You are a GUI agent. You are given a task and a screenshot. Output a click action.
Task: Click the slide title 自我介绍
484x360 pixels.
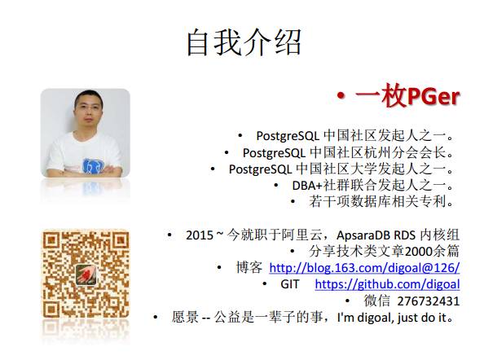[244, 42]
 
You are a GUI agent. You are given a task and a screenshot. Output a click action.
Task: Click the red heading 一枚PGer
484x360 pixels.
[407, 96]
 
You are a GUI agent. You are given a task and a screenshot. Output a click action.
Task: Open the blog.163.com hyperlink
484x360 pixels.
[364, 267]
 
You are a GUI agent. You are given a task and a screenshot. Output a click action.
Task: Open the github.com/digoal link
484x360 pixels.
[387, 284]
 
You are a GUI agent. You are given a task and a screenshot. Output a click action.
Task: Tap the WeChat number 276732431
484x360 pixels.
[428, 301]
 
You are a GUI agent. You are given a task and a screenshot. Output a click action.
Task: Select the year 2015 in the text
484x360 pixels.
[200, 235]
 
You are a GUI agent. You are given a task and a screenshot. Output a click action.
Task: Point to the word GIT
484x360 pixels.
[289, 284]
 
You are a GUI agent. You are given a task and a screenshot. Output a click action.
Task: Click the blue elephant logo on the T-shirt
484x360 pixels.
[92, 166]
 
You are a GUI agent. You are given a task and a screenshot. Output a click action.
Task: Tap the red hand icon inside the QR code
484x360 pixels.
[86, 274]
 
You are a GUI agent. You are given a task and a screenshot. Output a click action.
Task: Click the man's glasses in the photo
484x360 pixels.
[88, 108]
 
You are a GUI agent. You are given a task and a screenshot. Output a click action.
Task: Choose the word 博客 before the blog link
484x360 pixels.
[249, 267]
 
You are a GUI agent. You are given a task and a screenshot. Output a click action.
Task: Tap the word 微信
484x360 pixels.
[377, 301]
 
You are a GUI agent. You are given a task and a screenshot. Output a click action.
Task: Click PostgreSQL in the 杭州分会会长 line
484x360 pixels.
[274, 153]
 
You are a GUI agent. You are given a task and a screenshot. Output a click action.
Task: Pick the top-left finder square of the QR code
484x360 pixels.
[51, 241]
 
